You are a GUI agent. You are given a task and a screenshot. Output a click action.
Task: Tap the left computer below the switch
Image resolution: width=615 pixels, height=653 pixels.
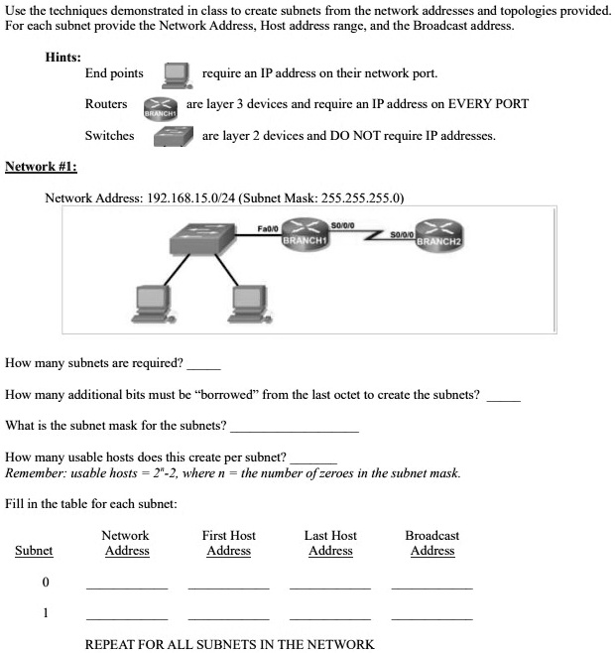point(154,305)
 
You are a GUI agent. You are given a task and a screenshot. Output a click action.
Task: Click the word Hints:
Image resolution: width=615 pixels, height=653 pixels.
point(63,58)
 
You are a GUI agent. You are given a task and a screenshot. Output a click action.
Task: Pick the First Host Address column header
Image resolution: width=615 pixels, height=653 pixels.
point(228,543)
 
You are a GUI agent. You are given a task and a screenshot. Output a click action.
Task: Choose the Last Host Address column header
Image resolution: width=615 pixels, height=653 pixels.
point(330,543)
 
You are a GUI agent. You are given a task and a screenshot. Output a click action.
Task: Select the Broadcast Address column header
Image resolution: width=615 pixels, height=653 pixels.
point(431,543)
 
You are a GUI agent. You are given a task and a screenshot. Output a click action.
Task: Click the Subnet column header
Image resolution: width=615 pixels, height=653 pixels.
point(34,551)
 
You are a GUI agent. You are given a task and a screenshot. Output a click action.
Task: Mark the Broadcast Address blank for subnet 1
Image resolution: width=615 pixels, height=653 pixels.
point(431,617)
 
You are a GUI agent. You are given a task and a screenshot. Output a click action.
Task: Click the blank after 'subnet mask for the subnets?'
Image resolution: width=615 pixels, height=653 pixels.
point(294,430)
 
